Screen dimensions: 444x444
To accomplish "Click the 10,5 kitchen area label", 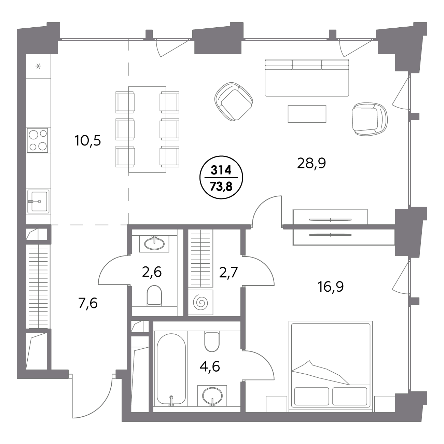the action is coord(88,141).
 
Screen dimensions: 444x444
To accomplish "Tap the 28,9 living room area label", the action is coord(311,163).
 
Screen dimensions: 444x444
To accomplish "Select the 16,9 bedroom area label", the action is coord(331,287).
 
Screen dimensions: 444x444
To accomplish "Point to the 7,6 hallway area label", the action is coord(88,303).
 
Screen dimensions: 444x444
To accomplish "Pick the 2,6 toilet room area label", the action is coord(152,272).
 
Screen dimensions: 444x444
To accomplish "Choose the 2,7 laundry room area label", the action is coord(228,273).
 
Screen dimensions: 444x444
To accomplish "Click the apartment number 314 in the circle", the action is coord(221,170).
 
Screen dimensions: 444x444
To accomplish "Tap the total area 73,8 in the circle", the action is coord(221,186).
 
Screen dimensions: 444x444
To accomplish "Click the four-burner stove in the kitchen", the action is coord(37,140).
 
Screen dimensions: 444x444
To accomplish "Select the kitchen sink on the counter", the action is coord(38,201).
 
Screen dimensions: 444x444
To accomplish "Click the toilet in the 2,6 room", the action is coord(154,296).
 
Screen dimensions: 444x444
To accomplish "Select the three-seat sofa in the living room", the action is coord(307,78).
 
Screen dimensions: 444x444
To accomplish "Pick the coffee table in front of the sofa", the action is coord(307,114).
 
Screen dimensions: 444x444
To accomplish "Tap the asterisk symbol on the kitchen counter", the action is coord(38,66).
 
